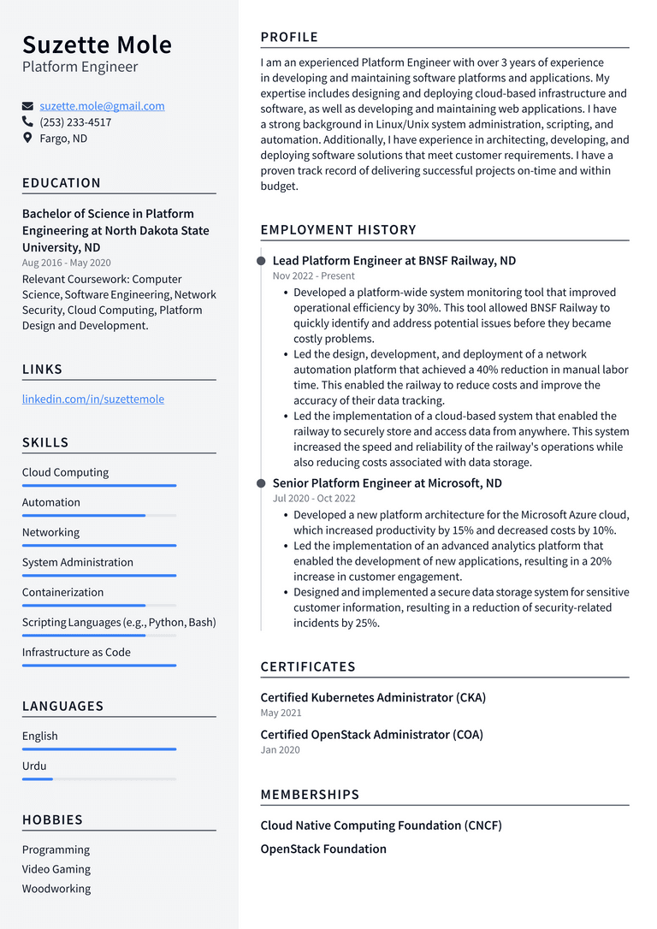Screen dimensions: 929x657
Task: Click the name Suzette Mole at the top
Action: coord(97,44)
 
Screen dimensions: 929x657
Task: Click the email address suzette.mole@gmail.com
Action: coord(102,106)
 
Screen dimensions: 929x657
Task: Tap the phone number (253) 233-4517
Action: coord(75,122)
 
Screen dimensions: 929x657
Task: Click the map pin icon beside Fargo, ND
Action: coord(27,138)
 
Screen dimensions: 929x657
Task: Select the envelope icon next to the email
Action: coord(27,106)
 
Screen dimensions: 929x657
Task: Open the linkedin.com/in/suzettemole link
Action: coord(92,399)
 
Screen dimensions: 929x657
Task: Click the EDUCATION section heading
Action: coord(62,183)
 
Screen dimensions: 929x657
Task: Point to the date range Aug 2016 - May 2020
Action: coord(66,263)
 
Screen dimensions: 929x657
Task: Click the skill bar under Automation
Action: coord(98,516)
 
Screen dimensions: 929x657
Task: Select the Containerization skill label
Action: coord(62,592)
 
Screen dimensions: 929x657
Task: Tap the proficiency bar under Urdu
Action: coord(98,779)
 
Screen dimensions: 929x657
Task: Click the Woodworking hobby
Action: coord(56,889)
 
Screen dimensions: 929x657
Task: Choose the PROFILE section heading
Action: coord(289,38)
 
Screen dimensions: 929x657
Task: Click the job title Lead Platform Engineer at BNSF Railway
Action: coord(394,261)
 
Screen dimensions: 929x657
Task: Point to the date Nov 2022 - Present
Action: coord(313,276)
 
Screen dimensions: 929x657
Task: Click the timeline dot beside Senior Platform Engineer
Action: coord(261,483)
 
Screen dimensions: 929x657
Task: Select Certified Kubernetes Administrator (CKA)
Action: coord(373,697)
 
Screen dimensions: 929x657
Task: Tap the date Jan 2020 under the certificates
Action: coord(280,750)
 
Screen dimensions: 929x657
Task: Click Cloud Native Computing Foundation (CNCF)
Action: coord(381,825)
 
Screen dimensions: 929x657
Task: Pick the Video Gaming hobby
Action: coord(56,869)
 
